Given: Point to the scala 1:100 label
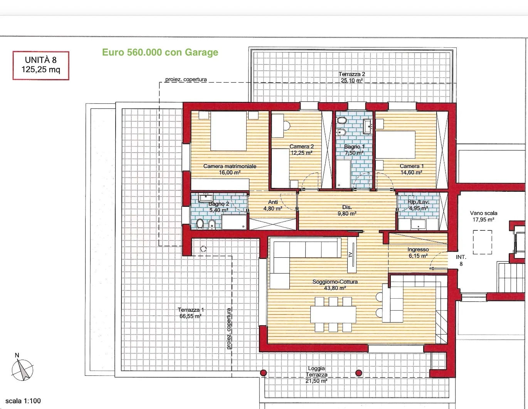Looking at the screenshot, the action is pyautogui.click(x=23, y=401).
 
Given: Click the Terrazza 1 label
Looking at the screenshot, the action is pyautogui.click(x=190, y=313).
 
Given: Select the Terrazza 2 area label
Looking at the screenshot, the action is pyautogui.click(x=351, y=77).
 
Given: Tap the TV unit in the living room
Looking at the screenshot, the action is pyautogui.click(x=351, y=254).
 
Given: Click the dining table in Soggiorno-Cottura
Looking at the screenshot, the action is pyautogui.click(x=333, y=314).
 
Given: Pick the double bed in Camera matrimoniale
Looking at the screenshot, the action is pyautogui.click(x=229, y=131).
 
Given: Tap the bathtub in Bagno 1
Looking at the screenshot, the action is pyautogui.click(x=343, y=174).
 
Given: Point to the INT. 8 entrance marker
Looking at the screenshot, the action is pyautogui.click(x=461, y=260).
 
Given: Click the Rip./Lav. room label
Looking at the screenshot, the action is pyautogui.click(x=419, y=205).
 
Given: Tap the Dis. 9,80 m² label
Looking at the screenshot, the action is pyautogui.click(x=347, y=210).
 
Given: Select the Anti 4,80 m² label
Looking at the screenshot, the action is pyautogui.click(x=272, y=205).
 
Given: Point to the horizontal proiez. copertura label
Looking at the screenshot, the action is pyautogui.click(x=186, y=79).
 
